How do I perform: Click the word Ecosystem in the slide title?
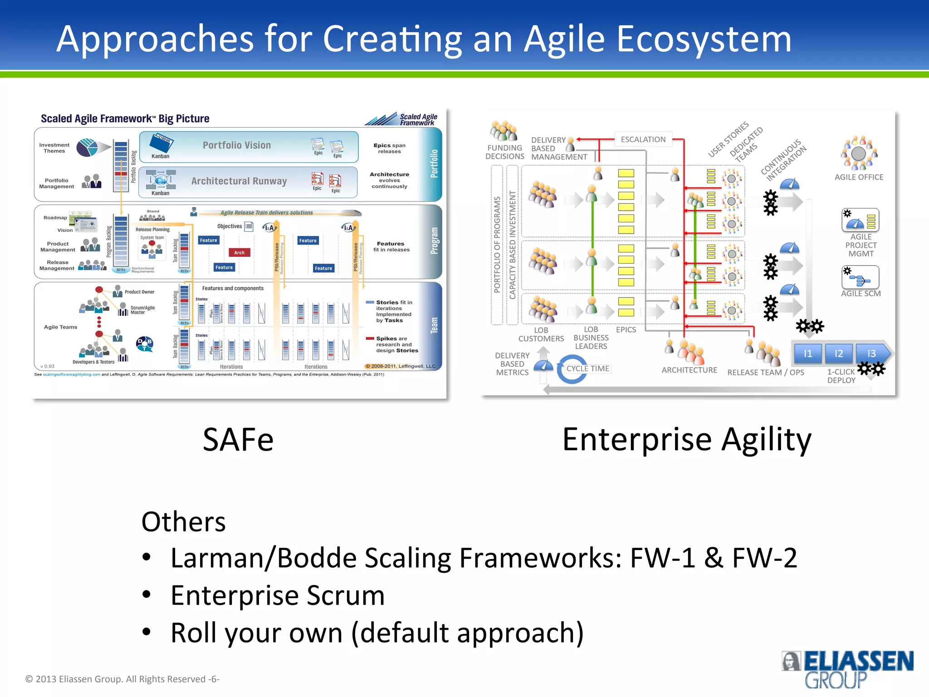[704, 39]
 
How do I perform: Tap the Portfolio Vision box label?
[236, 145]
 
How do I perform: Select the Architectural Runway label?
[239, 181]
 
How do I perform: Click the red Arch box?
[239, 253]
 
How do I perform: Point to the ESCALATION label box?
[643, 139]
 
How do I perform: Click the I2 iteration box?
[839, 353]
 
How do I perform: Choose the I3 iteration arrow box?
[871, 353]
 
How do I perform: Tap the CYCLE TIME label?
[587, 368]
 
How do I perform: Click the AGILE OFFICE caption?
[859, 177]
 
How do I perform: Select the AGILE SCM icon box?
[860, 277]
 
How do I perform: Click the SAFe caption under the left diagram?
[238, 440]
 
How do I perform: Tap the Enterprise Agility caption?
[687, 440]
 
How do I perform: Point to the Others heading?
[183, 521]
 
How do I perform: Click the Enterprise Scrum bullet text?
[278, 595]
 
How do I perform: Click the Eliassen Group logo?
[847, 669]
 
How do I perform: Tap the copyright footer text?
[122, 679]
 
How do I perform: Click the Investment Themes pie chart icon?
[87, 147]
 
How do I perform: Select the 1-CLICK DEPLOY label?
[841, 376]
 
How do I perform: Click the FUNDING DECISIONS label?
[504, 152]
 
